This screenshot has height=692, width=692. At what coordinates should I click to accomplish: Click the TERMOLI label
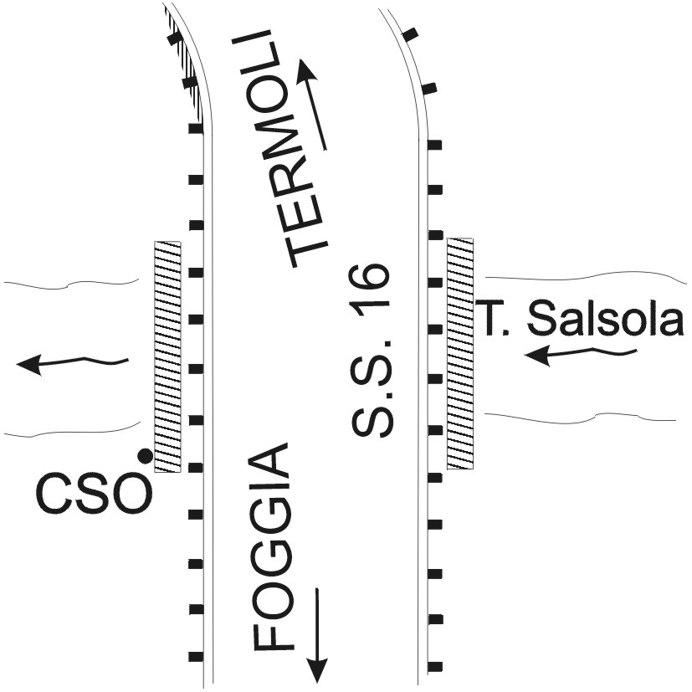click(x=284, y=148)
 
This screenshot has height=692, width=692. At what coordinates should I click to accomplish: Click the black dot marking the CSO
click(x=144, y=456)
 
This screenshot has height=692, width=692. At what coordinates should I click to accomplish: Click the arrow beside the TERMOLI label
click(x=312, y=105)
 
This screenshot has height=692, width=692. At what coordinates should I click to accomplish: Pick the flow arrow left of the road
click(x=72, y=363)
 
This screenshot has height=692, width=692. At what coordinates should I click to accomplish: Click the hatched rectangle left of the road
click(x=167, y=356)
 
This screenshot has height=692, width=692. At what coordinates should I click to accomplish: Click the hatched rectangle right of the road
click(x=460, y=353)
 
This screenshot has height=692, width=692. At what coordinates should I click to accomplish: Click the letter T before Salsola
click(x=488, y=318)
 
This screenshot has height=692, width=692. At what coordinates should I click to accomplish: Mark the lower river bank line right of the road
click(x=581, y=415)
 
